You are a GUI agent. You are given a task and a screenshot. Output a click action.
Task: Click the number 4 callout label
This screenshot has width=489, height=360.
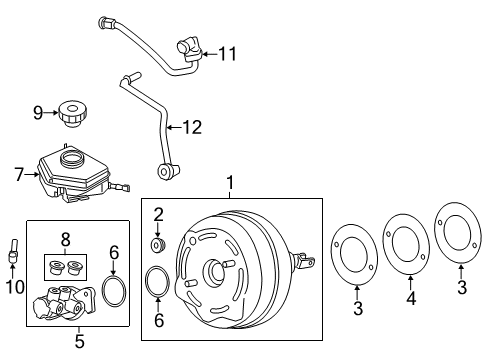tap(410, 310)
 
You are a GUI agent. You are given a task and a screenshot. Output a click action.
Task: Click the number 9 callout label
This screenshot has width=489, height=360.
tap(38, 113)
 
